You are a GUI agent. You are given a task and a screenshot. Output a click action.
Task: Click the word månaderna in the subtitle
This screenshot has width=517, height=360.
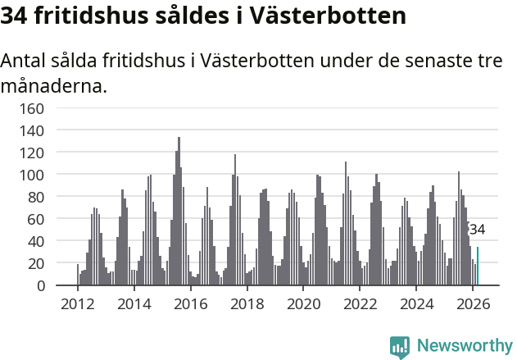(x=54, y=85)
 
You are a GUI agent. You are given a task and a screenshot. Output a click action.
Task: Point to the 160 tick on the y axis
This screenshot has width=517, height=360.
(x=32, y=108)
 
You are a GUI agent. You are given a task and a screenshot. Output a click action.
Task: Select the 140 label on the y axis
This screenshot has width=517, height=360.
(x=32, y=130)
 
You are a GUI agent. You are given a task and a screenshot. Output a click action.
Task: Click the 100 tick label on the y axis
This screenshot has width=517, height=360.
(x=32, y=175)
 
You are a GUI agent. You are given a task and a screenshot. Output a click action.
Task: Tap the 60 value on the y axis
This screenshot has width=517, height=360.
(x=35, y=219)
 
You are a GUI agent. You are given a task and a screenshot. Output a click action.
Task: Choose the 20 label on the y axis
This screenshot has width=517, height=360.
(x=35, y=263)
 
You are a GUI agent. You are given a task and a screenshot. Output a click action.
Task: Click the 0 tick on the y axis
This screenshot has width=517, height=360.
(x=39, y=285)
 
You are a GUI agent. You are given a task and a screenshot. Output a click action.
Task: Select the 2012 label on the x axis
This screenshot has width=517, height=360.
(x=78, y=304)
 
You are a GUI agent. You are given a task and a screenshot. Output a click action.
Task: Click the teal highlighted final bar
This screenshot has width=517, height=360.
(x=478, y=267)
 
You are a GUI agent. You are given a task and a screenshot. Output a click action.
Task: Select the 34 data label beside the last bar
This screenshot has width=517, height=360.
(x=477, y=230)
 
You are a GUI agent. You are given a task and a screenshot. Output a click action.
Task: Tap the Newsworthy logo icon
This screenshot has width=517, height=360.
(x=400, y=347)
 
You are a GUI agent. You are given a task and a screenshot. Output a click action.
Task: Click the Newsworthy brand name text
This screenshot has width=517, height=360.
(x=464, y=346)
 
